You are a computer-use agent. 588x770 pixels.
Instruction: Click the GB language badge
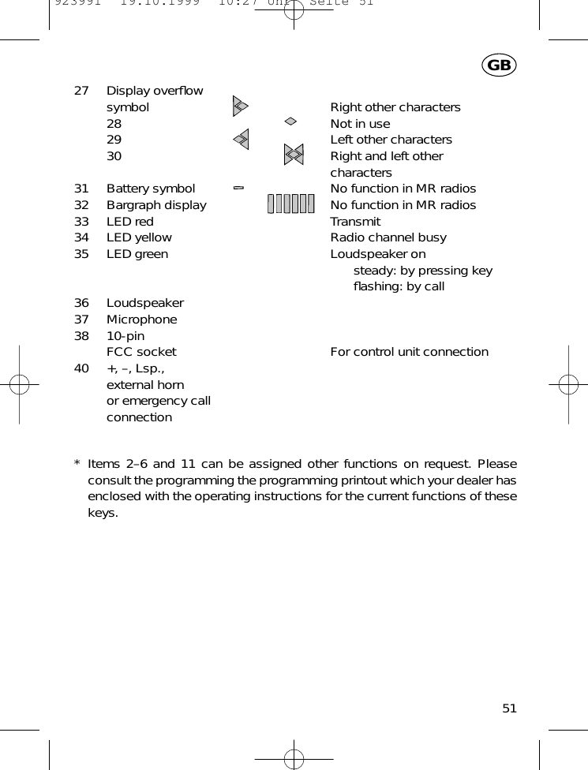click(x=499, y=65)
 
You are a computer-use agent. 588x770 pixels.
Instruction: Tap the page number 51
click(x=509, y=708)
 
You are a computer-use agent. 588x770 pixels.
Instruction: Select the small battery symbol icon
click(x=238, y=188)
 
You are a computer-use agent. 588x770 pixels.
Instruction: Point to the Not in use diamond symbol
click(x=290, y=121)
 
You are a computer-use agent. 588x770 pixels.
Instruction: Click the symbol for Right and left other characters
click(x=294, y=155)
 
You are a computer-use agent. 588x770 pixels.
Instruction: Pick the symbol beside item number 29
click(x=242, y=140)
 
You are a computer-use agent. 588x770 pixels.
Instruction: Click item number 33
click(x=81, y=222)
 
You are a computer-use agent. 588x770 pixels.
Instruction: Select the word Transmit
click(x=355, y=222)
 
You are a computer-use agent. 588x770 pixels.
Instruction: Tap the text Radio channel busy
click(x=388, y=237)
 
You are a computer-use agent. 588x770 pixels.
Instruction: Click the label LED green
click(x=137, y=254)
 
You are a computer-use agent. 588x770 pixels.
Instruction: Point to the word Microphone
click(x=142, y=320)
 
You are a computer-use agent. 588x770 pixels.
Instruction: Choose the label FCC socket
click(x=142, y=352)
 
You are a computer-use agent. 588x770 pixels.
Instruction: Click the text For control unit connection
click(x=409, y=352)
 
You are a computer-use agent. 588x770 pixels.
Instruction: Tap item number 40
click(x=81, y=368)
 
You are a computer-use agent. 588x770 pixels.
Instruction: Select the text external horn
click(x=145, y=385)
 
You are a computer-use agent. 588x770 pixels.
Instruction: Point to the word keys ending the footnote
click(x=103, y=514)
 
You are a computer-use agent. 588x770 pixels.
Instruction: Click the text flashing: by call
click(x=399, y=286)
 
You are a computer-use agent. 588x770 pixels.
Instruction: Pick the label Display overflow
click(x=155, y=91)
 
